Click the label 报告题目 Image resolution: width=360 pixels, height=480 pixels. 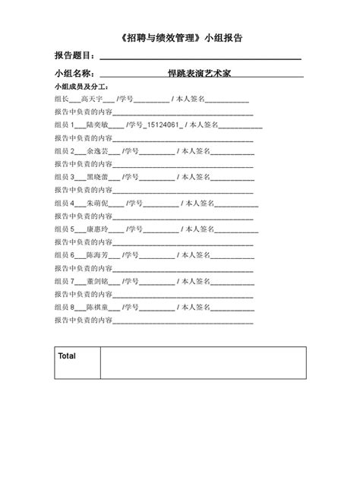74,55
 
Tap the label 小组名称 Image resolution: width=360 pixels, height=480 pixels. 74,74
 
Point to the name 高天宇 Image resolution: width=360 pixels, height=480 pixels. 91,99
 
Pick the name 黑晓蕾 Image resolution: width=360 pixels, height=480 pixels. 99,177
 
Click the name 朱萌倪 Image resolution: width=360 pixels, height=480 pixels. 99,204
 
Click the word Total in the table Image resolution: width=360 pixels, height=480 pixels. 68,355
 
